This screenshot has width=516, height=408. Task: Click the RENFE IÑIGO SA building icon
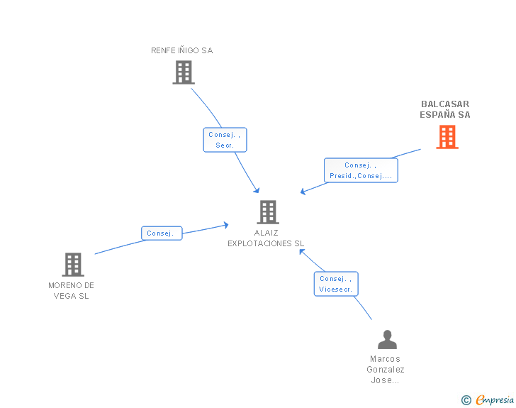184,72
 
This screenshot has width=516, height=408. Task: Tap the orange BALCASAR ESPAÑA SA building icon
447,137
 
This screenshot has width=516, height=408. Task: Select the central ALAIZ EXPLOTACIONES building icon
267,211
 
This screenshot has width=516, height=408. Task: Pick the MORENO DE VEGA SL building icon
73,265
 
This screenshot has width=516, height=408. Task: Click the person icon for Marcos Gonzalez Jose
387,340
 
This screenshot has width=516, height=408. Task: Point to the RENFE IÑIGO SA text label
181,50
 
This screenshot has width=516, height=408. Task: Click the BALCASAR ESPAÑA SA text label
445,109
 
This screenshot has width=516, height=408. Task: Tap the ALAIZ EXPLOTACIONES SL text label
266,238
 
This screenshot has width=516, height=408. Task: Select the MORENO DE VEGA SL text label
72,290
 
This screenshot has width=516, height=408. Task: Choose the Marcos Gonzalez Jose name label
386,369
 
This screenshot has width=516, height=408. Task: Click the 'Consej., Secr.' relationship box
225,139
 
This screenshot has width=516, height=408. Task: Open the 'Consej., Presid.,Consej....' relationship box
361,170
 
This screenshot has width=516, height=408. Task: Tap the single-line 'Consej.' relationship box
162,233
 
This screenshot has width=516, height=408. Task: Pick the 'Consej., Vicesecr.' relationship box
336,284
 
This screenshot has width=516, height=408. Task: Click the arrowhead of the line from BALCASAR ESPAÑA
303,191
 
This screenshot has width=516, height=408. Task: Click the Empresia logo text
495,400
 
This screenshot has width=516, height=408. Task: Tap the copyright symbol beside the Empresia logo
466,401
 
